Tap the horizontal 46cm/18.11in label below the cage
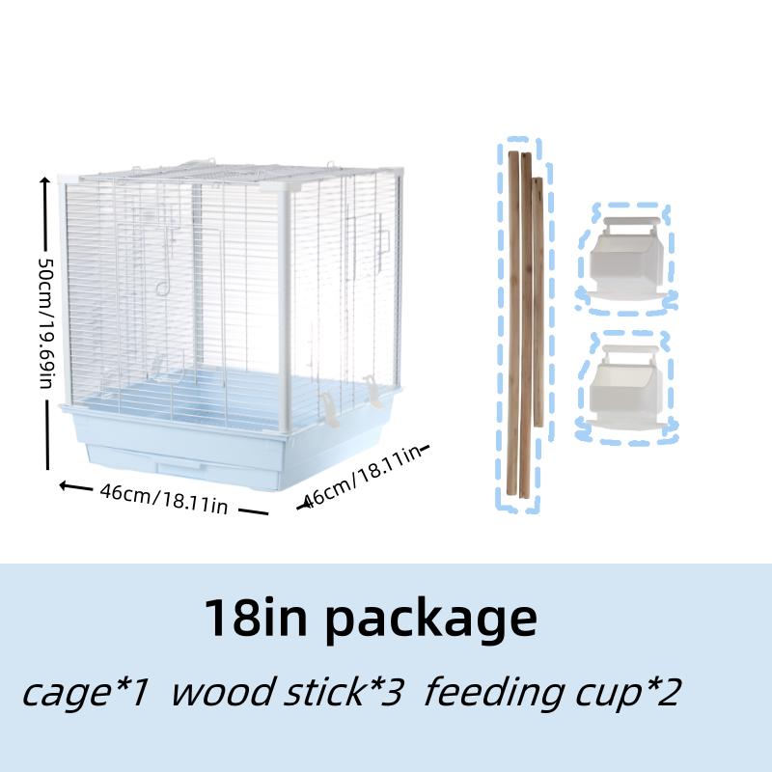(x=163, y=499)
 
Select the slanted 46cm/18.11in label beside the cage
(x=361, y=477)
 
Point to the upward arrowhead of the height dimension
(x=44, y=181)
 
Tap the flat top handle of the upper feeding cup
(x=623, y=224)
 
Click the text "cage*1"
(x=87, y=692)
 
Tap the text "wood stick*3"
(x=287, y=692)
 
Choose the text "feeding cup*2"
(x=552, y=692)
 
